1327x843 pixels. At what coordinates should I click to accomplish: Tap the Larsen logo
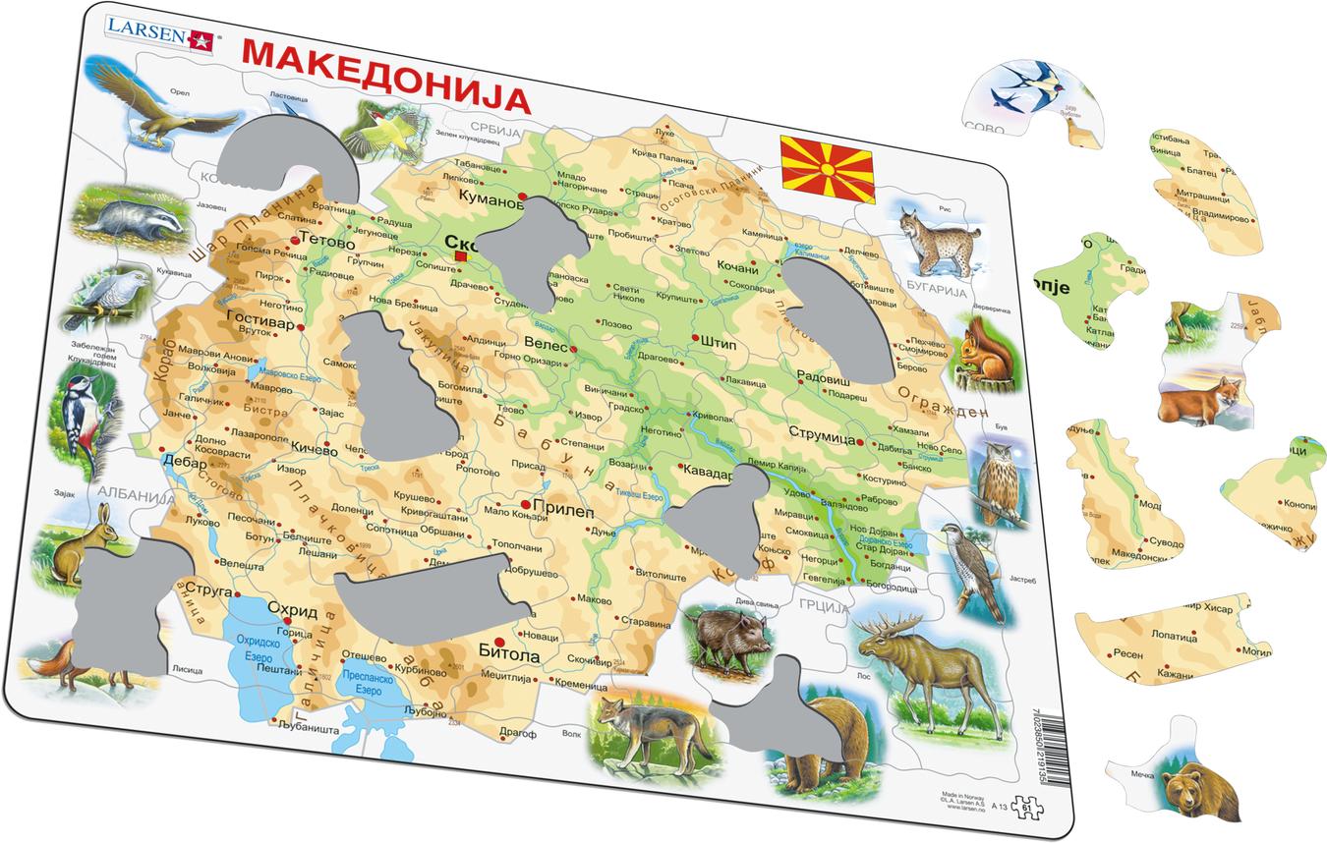tap(158, 36)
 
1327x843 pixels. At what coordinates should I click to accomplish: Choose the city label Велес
tap(547, 346)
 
